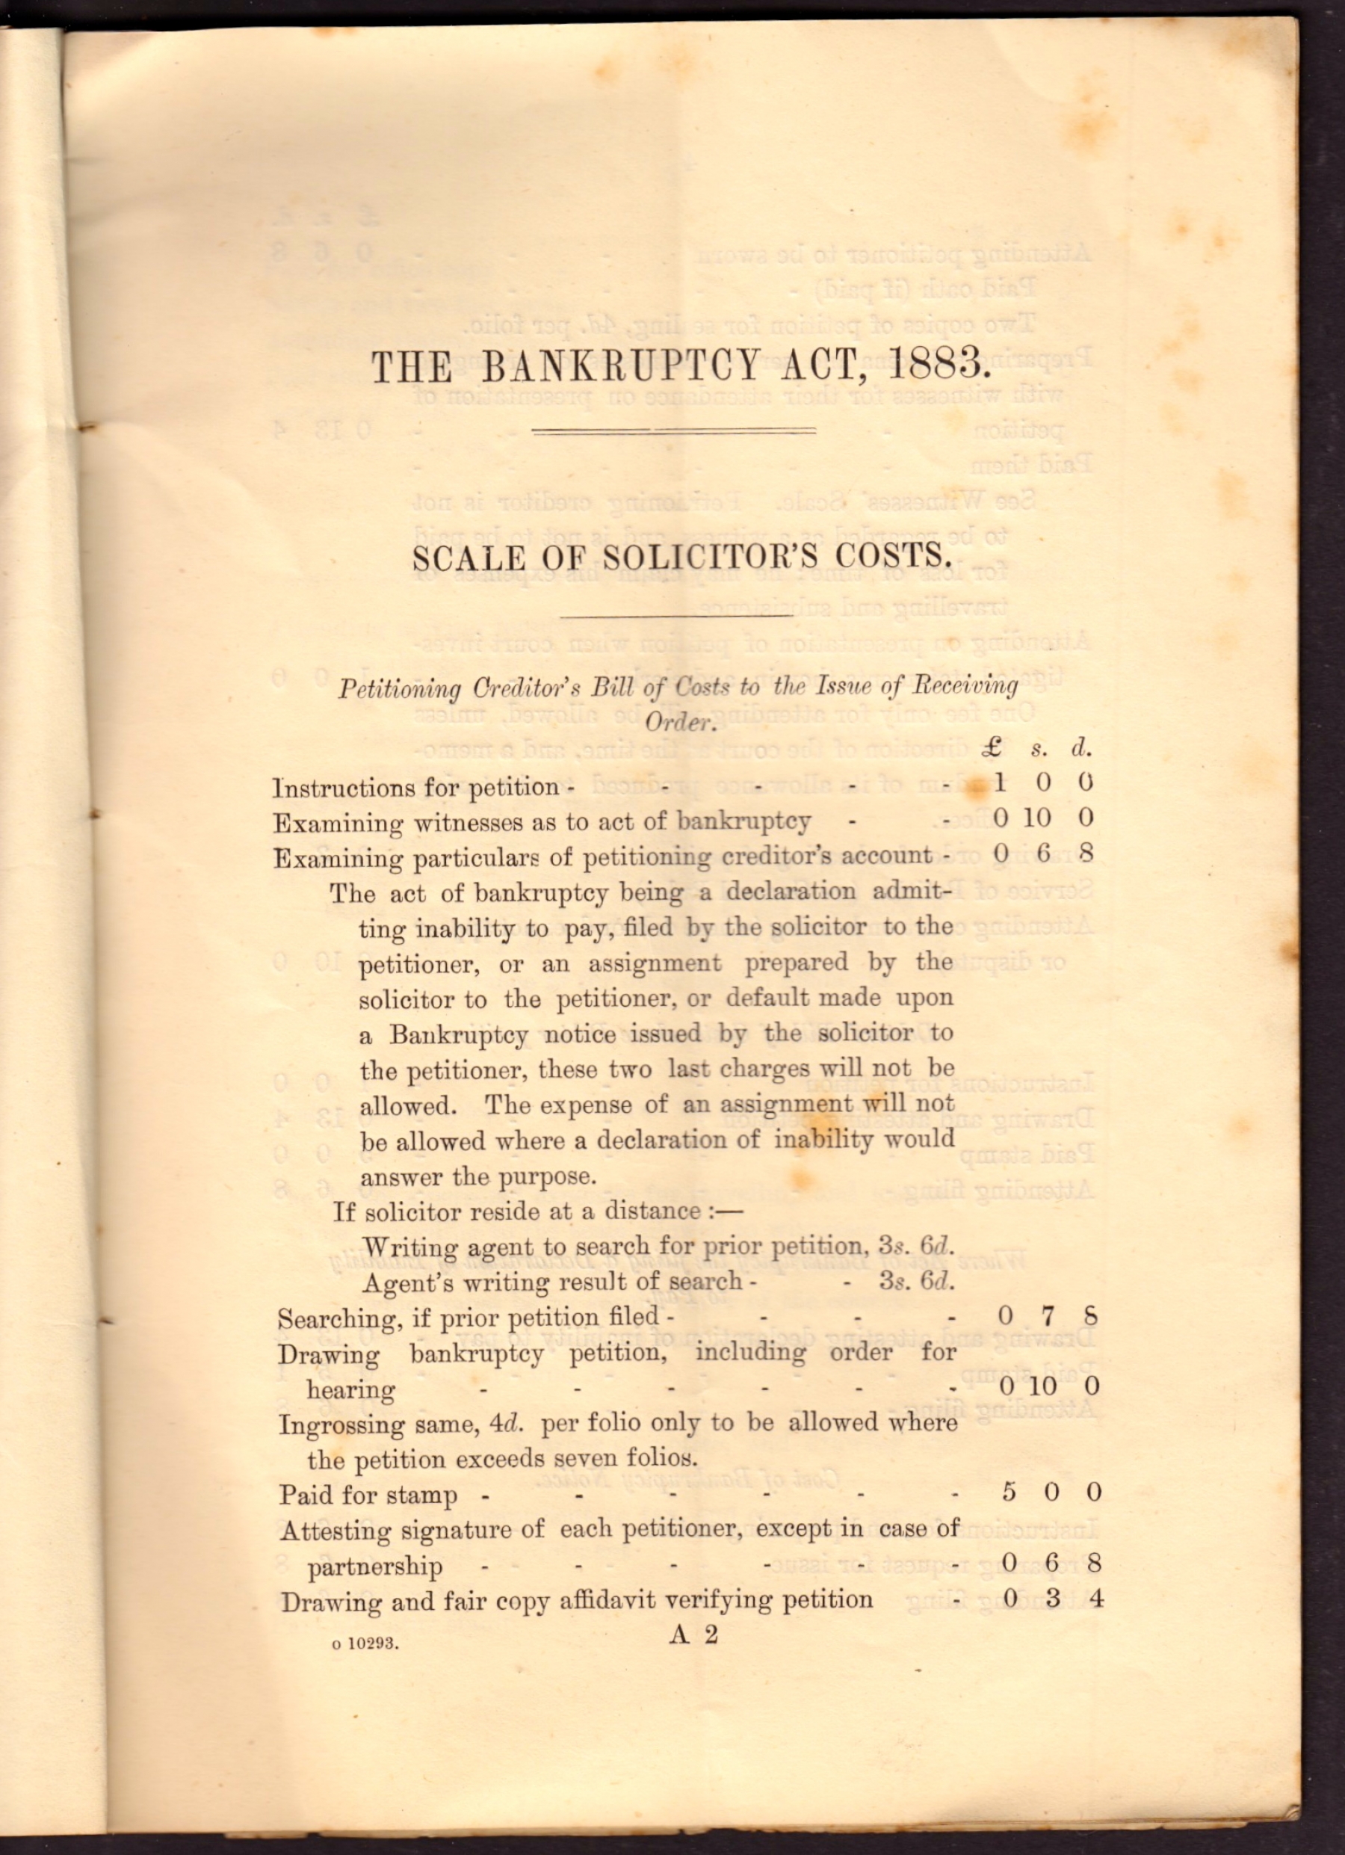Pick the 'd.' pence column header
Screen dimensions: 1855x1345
(1082, 747)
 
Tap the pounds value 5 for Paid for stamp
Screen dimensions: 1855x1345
(1009, 1493)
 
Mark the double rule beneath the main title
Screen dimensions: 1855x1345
(674, 431)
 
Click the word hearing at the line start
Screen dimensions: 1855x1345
(350, 1389)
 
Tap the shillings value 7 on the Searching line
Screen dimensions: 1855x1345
(1048, 1316)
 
